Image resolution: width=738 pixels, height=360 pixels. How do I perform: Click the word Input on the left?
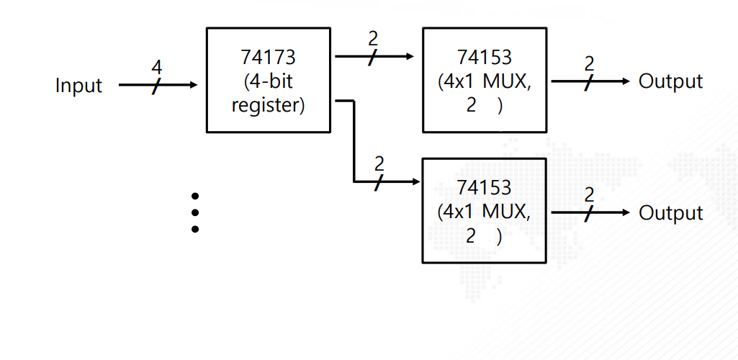[x=78, y=86]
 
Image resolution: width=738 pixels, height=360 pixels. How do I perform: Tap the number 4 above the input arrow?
[x=156, y=68]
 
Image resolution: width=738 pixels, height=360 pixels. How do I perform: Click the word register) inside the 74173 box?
[x=268, y=105]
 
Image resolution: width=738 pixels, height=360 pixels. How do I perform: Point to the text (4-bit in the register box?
[x=268, y=81]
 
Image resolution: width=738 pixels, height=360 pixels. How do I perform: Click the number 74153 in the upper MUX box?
[x=484, y=58]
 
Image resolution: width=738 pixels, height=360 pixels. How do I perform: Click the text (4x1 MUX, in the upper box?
[x=484, y=81]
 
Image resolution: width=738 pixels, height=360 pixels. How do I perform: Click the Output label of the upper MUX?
[x=670, y=81]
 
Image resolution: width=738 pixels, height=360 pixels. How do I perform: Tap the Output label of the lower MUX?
[x=670, y=213]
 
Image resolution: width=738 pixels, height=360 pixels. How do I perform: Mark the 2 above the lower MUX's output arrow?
[x=589, y=196]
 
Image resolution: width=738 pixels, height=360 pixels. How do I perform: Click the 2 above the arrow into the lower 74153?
[x=379, y=163]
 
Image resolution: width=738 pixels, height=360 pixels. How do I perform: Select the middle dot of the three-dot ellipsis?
[x=194, y=212]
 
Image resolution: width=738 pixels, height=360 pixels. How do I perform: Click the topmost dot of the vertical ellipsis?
[x=194, y=196]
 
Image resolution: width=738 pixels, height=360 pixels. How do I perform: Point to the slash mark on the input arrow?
[x=156, y=85]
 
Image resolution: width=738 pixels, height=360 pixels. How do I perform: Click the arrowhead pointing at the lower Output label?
[x=626, y=213]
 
